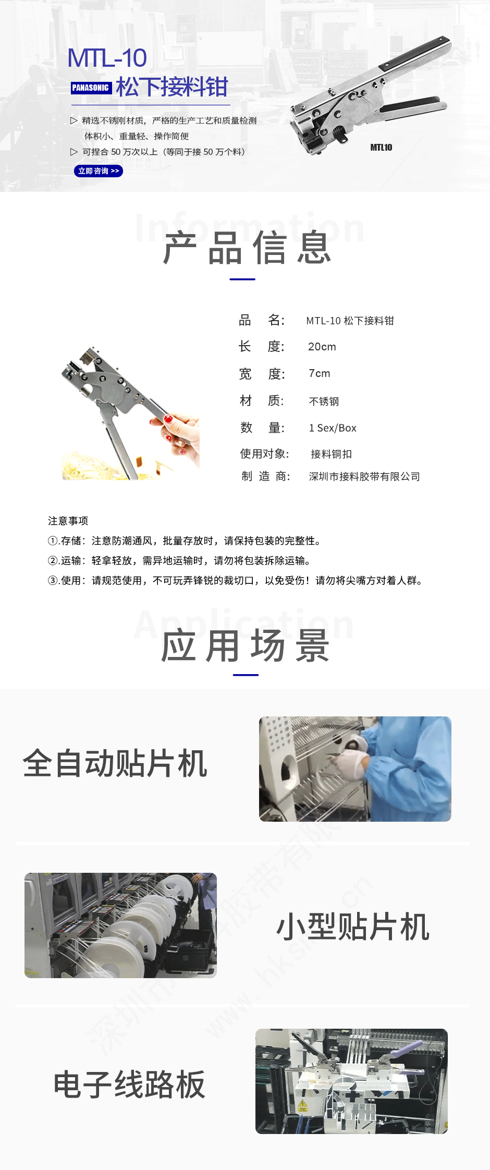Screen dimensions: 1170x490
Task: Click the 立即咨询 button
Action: click(x=99, y=171)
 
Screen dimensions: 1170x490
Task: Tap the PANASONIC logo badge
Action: click(x=91, y=88)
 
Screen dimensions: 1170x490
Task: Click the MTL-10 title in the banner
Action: click(x=107, y=58)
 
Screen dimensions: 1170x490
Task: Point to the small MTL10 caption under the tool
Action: click(x=381, y=148)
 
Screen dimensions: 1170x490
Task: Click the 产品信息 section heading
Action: click(x=247, y=249)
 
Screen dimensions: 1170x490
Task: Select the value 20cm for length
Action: click(x=322, y=347)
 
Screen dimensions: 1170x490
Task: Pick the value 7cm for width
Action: click(x=320, y=373)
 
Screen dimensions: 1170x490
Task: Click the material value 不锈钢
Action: click(x=324, y=401)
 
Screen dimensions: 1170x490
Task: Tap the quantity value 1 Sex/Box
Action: click(x=333, y=428)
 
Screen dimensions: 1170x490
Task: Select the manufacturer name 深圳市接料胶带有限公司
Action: click(x=364, y=477)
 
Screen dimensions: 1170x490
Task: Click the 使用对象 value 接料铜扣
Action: click(x=331, y=454)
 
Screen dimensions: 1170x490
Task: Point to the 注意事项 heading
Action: click(x=68, y=521)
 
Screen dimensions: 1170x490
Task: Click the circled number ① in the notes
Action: click(x=53, y=541)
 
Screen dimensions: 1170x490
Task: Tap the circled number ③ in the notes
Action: click(x=53, y=581)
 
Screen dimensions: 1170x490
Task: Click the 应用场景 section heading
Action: click(x=245, y=646)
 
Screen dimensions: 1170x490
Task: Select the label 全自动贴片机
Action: click(x=115, y=763)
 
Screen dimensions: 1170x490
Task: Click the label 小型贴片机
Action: click(x=353, y=927)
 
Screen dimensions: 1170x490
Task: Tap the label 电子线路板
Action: click(x=129, y=1084)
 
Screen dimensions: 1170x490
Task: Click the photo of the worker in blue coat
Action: click(x=355, y=769)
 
